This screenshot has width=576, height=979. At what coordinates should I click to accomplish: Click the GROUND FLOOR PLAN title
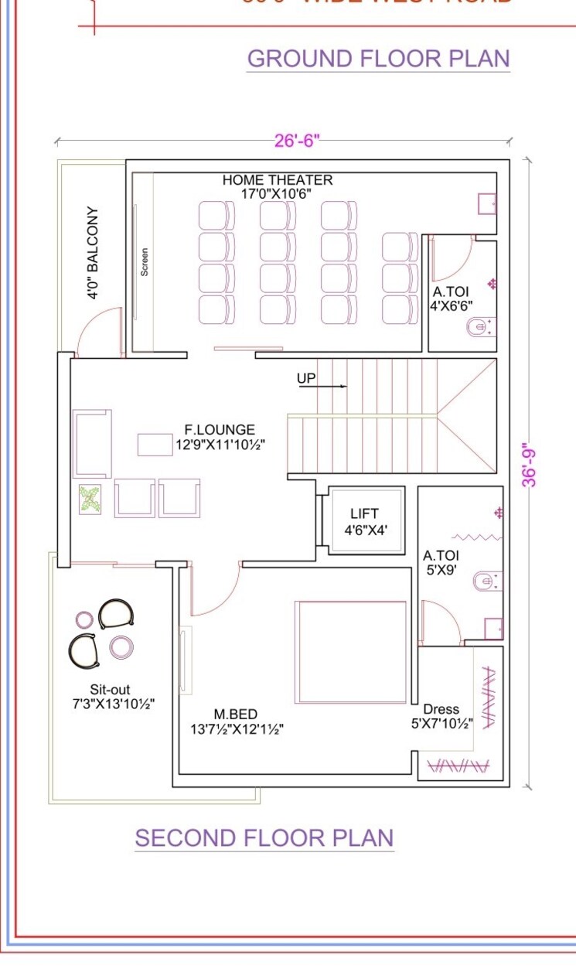pyautogui.click(x=378, y=59)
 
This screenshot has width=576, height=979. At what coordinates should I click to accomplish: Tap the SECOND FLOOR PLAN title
pyautogui.click(x=264, y=838)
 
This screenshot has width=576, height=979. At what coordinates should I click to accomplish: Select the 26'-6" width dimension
pyautogui.click(x=297, y=141)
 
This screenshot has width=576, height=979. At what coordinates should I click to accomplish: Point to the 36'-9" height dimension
pyautogui.click(x=530, y=464)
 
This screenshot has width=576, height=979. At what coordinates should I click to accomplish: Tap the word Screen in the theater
pyautogui.click(x=145, y=261)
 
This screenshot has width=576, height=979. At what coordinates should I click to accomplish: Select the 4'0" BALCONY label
pyautogui.click(x=92, y=253)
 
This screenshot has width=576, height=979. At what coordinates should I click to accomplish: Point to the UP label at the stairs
pyautogui.click(x=306, y=379)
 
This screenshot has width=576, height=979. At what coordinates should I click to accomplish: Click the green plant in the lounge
pyautogui.click(x=90, y=499)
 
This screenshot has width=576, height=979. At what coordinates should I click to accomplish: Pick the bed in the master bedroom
pyautogui.click(x=351, y=651)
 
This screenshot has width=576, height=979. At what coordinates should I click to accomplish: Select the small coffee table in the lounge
pyautogui.click(x=155, y=444)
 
